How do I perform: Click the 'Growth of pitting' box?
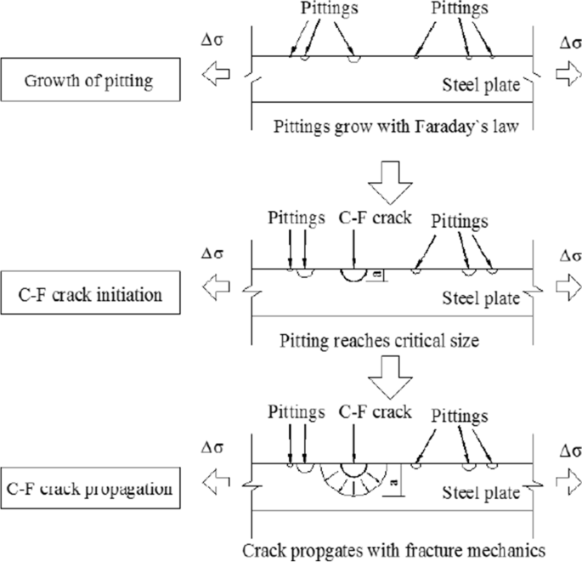[x=88, y=82]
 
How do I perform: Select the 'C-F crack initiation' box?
[x=88, y=295]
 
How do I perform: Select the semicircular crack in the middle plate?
[x=352, y=276]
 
